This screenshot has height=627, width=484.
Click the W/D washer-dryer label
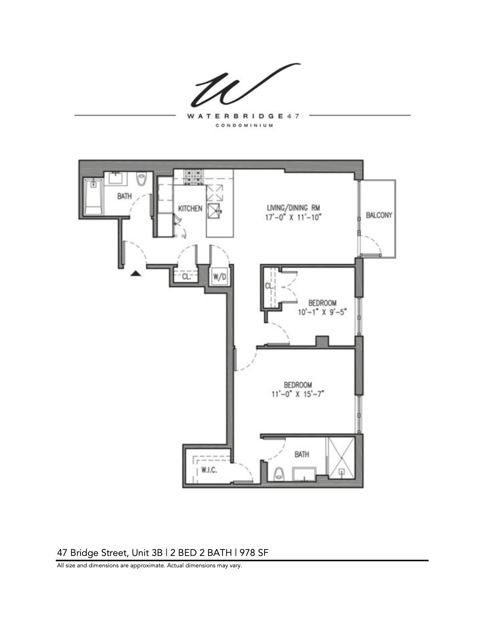tap(219, 277)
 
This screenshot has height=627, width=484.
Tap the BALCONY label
tap(379, 215)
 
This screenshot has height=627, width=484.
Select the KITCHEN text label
tap(190, 208)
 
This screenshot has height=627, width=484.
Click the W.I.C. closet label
tap(209, 470)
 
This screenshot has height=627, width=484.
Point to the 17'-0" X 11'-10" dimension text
tap(293, 218)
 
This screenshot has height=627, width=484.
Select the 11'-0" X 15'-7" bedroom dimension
tap(298, 394)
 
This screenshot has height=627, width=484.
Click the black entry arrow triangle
tap(136, 273)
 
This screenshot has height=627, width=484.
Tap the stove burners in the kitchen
tap(194, 177)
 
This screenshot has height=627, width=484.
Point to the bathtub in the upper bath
tap(93, 197)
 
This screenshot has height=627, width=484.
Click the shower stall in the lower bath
tap(341, 458)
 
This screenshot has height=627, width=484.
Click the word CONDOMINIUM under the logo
tap(244, 125)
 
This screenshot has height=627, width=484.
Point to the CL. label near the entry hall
tap(186, 277)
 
